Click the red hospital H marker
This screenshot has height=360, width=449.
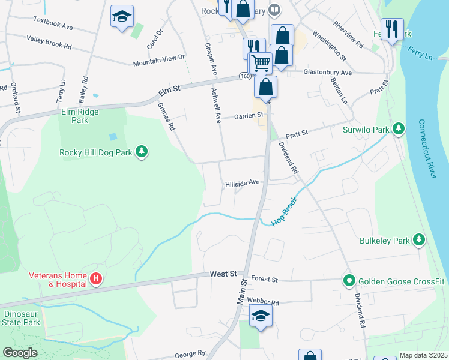tap(95, 279)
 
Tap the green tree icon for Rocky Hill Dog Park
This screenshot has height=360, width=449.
tap(142, 152)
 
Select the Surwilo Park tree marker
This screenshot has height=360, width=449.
tap(397, 128)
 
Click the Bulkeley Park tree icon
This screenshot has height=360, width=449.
tap(419, 241)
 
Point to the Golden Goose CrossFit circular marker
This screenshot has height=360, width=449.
tap(348, 280)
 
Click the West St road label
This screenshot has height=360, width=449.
tap(223, 274)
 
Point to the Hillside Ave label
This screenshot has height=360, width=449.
tap(242, 183)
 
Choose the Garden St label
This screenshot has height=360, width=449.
tap(249, 115)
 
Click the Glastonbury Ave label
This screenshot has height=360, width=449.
tap(327, 72)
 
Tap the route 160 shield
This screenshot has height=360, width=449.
tap(244, 76)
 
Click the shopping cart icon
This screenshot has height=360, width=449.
tap(260, 63)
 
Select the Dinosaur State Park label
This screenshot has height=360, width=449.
tap(22, 318)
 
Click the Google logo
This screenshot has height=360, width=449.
tap(20, 353)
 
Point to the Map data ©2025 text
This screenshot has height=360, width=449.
tap(423, 355)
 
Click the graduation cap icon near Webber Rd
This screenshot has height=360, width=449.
tap(261, 316)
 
